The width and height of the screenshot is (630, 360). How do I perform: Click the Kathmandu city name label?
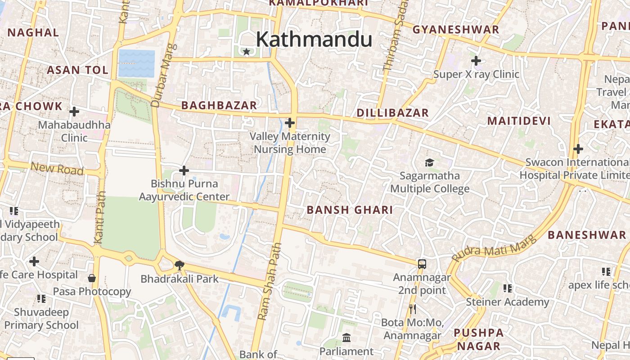[x=314, y=40]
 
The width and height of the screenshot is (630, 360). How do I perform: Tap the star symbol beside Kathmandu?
[x=246, y=52]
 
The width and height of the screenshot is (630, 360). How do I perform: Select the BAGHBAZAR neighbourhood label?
[x=219, y=105]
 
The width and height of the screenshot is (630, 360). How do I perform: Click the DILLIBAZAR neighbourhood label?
[x=392, y=113]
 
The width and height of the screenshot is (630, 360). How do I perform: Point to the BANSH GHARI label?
[x=350, y=210]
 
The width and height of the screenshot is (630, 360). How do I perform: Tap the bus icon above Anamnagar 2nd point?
[x=422, y=264]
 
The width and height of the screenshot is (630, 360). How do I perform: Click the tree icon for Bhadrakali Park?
[x=179, y=265]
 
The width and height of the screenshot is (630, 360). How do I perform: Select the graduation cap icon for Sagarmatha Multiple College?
[x=429, y=162]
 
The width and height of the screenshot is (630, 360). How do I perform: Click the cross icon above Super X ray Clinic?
[x=476, y=60]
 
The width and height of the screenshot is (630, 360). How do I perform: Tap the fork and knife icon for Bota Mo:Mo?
[x=412, y=309]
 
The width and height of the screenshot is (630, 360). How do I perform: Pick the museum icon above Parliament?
[x=346, y=337]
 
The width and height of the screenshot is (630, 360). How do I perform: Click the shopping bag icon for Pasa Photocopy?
[x=92, y=278]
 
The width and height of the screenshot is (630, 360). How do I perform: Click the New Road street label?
[x=57, y=169]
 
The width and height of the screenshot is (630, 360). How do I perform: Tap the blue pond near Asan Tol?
[x=136, y=63]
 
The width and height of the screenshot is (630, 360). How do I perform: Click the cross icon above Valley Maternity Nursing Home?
[x=290, y=122]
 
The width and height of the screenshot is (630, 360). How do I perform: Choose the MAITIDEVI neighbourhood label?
[x=519, y=121]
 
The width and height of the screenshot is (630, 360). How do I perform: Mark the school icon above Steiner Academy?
[x=507, y=288]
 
